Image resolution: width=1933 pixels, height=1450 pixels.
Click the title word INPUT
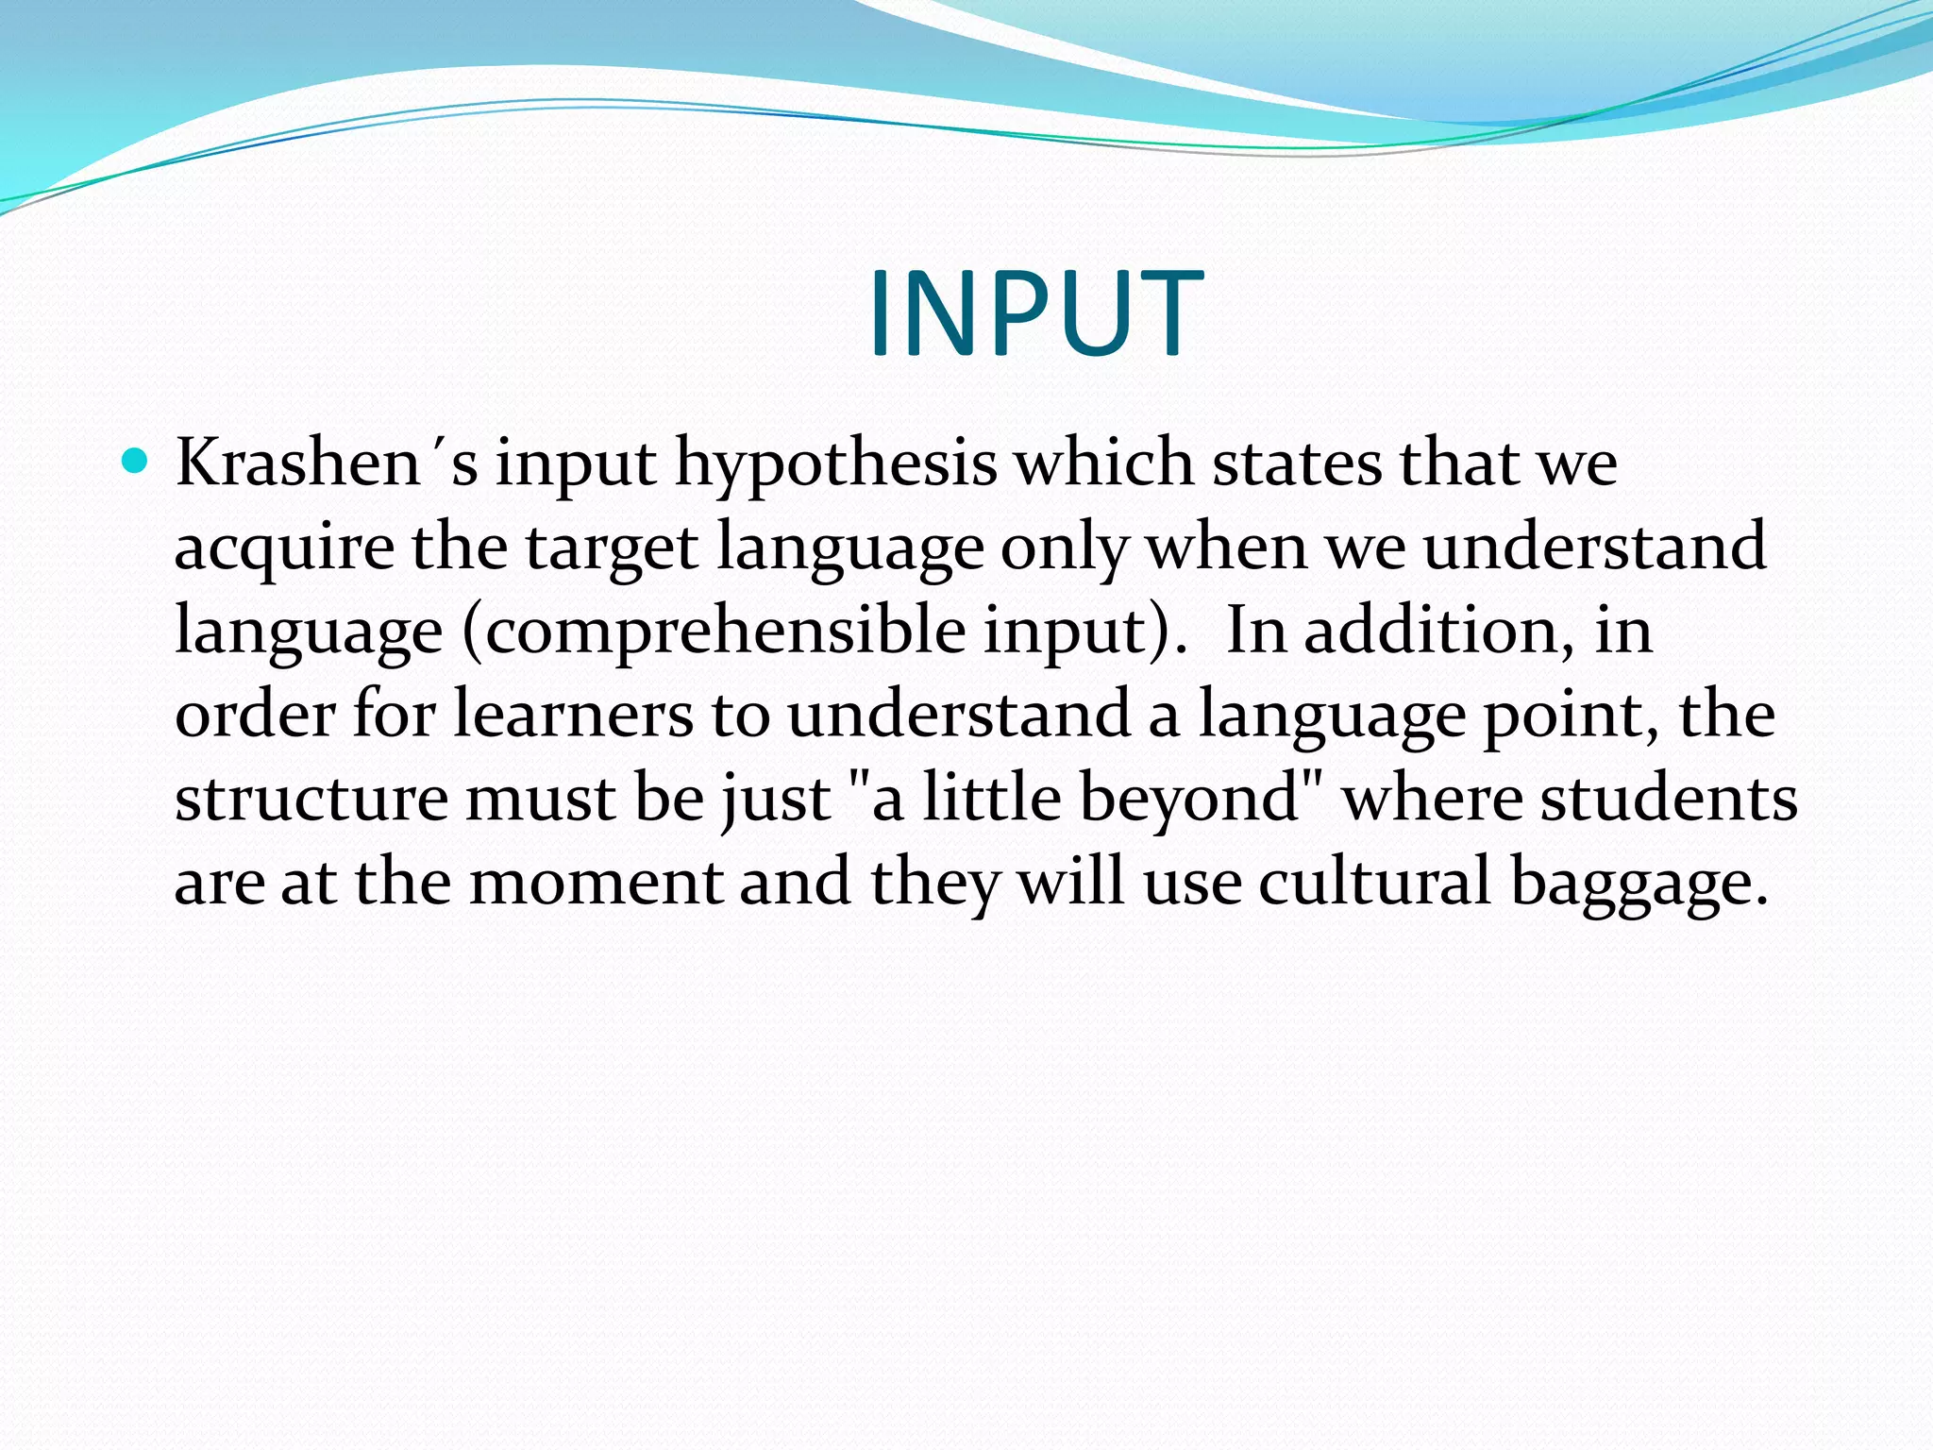pyautogui.click(x=1035, y=313)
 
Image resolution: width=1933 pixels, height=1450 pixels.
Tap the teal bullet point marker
pyautogui.click(x=136, y=462)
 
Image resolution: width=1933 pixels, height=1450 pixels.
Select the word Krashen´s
pyautogui.click(x=327, y=464)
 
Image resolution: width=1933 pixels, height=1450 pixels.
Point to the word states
pyautogui.click(x=1296, y=464)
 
